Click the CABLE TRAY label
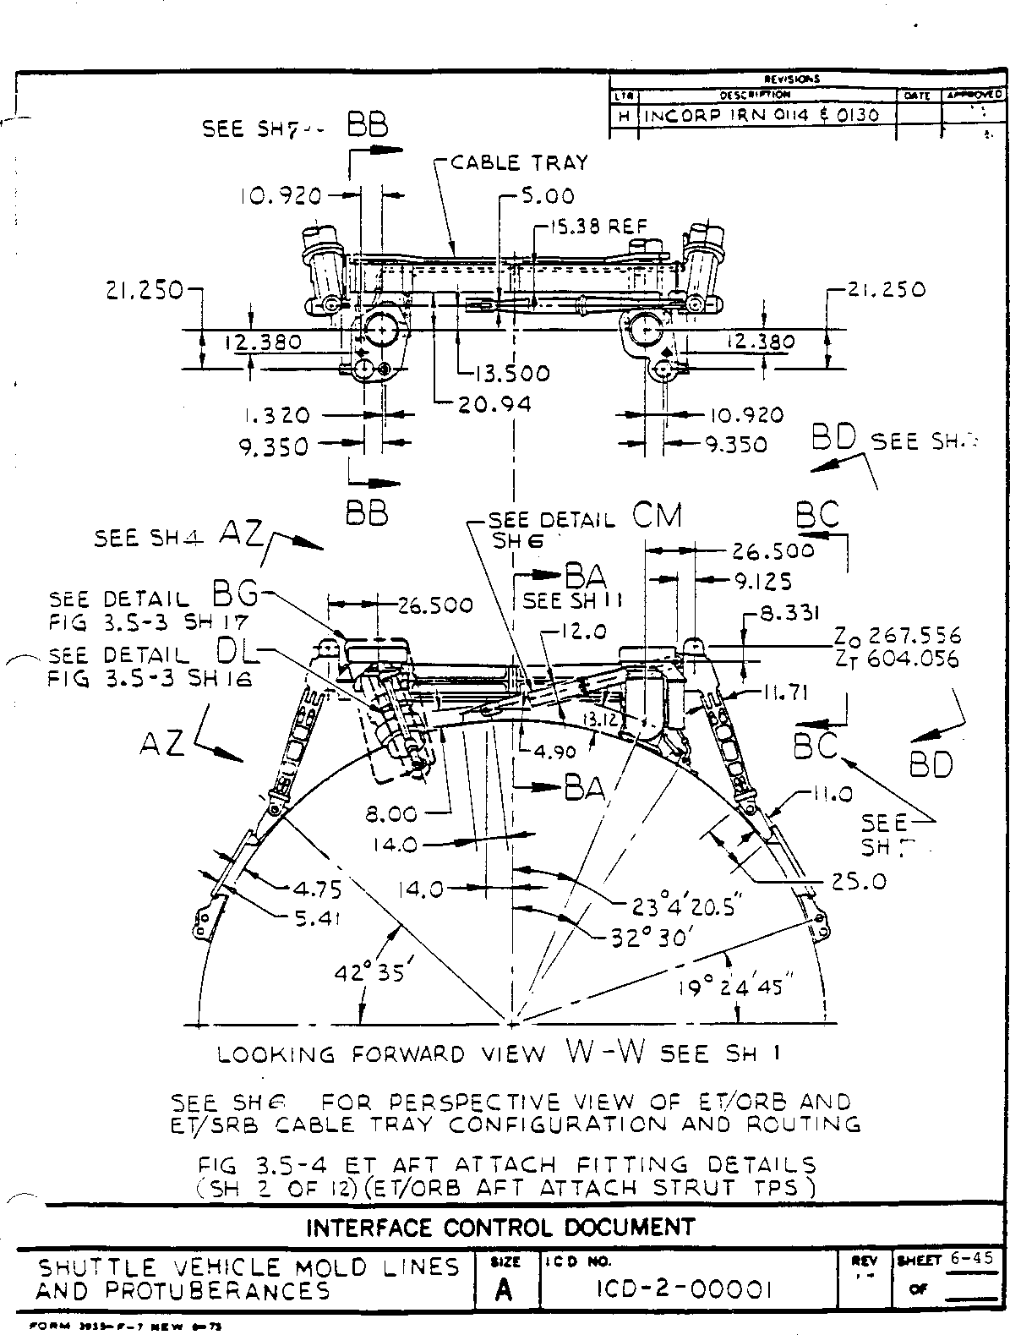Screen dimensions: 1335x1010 [518, 161]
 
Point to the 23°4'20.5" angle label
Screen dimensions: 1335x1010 [685, 907]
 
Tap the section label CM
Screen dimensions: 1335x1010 [657, 516]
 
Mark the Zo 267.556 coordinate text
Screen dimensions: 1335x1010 [897, 636]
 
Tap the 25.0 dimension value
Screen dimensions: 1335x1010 [859, 881]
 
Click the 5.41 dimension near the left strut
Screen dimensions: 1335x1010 [316, 919]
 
